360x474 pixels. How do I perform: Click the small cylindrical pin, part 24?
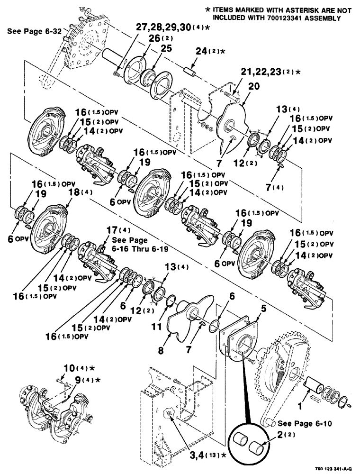[191, 75]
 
